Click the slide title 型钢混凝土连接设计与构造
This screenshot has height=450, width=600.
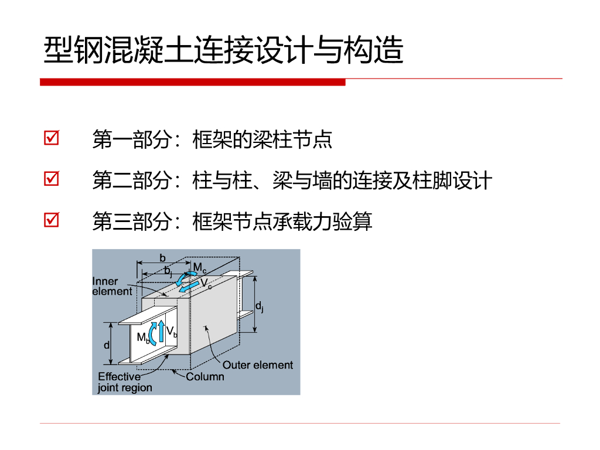[223, 50]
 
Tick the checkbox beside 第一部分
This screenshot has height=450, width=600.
[52, 138]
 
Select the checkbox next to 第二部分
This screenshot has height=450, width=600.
[52, 178]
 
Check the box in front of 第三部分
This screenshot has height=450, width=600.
[52, 220]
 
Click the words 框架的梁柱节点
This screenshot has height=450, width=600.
[262, 139]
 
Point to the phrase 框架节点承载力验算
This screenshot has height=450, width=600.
[282, 221]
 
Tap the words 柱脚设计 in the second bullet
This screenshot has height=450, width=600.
[452, 180]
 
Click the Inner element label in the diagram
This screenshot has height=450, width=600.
[112, 286]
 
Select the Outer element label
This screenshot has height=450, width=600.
[258, 365]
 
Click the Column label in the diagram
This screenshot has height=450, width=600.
[205, 377]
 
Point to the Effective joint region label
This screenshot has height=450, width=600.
[125, 382]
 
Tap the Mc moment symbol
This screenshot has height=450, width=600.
[200, 267]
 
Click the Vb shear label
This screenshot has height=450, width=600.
[172, 332]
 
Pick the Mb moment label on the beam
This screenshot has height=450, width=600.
[143, 338]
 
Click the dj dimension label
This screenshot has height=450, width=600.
[260, 306]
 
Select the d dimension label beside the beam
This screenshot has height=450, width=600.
[107, 345]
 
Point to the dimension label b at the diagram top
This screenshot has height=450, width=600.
[163, 258]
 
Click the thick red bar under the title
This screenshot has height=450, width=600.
[192, 82]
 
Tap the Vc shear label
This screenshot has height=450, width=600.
[206, 284]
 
